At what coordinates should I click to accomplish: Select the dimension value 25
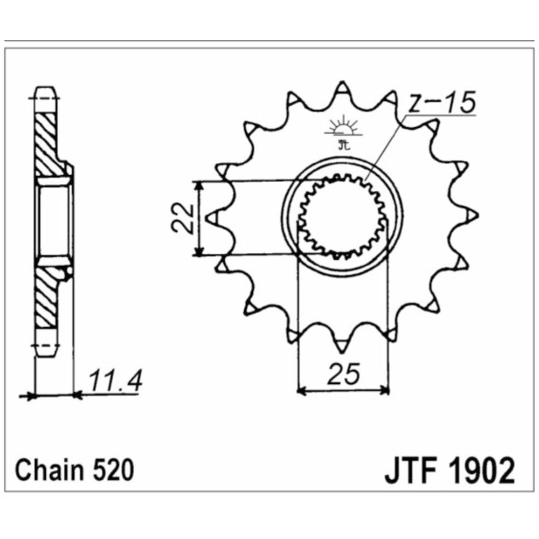[x=343, y=373]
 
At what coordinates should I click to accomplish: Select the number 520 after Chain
[x=110, y=470]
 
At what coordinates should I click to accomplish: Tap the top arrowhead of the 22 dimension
[x=200, y=185]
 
